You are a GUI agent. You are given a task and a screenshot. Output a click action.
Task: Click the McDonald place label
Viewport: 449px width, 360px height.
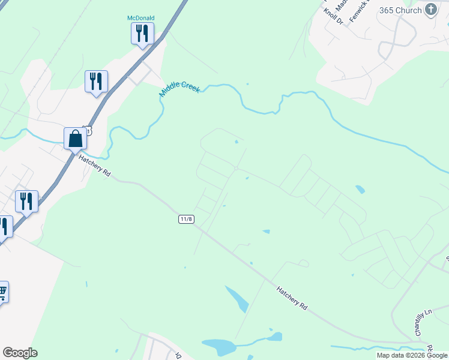[x=141, y=18]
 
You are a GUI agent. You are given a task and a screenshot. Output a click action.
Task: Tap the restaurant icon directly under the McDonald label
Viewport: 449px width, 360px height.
[x=142, y=33]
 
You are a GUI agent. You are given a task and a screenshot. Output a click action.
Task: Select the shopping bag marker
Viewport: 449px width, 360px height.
[x=76, y=139]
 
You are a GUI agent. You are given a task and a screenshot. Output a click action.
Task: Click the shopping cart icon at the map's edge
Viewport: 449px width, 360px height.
[x=2, y=292]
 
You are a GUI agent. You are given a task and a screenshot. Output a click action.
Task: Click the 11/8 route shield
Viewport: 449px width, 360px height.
[x=186, y=219]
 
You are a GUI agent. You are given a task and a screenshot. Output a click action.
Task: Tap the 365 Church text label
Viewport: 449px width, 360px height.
[x=401, y=10]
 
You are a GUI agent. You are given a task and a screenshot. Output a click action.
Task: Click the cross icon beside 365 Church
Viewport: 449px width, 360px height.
[x=430, y=9]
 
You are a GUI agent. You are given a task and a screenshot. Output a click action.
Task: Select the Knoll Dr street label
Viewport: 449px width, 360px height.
[x=333, y=16]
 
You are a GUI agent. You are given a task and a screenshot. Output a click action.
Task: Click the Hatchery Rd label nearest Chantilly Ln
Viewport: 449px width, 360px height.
[x=292, y=298]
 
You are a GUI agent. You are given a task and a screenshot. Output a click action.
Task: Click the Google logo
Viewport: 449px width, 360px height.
[x=20, y=353]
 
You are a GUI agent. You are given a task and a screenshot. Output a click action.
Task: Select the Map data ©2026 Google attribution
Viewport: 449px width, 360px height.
[x=412, y=355]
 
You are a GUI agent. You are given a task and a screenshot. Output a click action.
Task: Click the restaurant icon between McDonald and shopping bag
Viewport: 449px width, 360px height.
[x=96, y=82]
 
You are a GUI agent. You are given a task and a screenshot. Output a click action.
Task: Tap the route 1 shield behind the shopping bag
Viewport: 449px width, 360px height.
[x=89, y=130]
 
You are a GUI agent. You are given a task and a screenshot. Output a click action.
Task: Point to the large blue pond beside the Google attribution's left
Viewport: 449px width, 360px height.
[x=219, y=346]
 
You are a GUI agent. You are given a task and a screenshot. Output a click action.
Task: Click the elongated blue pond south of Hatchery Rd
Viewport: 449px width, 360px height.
[x=237, y=298]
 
